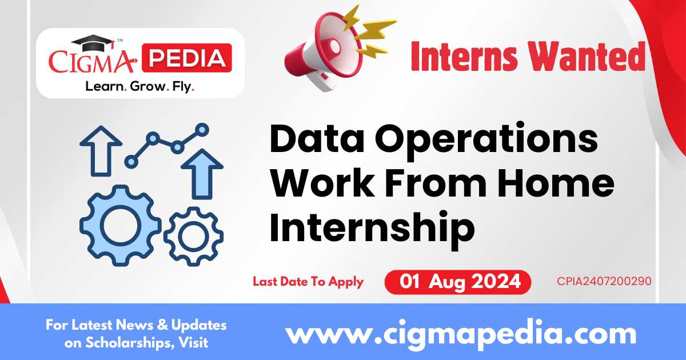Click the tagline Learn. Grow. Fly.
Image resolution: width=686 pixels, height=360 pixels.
tap(139, 86)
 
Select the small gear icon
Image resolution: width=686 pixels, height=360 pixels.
tap(194, 236)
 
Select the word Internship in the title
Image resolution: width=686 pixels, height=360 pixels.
tap(372, 227)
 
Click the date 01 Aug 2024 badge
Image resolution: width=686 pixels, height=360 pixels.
tap(457, 282)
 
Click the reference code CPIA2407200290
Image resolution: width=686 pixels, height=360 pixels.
tap(604, 281)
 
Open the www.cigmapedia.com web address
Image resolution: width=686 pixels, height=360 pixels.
tap(460, 333)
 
